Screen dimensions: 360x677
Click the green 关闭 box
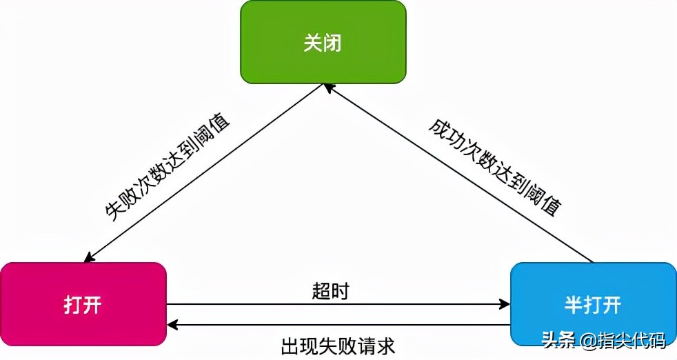(323, 42)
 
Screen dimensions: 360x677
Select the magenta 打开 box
(83, 303)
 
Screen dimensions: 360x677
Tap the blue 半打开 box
(593, 303)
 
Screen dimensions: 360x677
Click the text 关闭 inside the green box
(323, 43)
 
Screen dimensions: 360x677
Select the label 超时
(330, 291)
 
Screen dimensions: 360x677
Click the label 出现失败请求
(337, 343)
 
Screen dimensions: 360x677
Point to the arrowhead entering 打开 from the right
(172, 324)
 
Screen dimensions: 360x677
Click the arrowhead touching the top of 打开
(88, 258)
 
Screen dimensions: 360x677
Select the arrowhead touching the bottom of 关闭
(329, 88)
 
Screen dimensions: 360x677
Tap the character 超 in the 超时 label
(321, 291)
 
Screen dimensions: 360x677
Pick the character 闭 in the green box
(332, 43)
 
